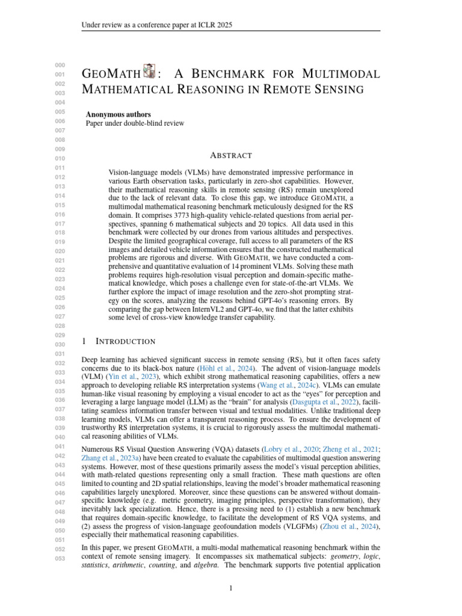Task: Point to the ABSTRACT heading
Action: (x=230, y=155)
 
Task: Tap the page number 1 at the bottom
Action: (x=230, y=588)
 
